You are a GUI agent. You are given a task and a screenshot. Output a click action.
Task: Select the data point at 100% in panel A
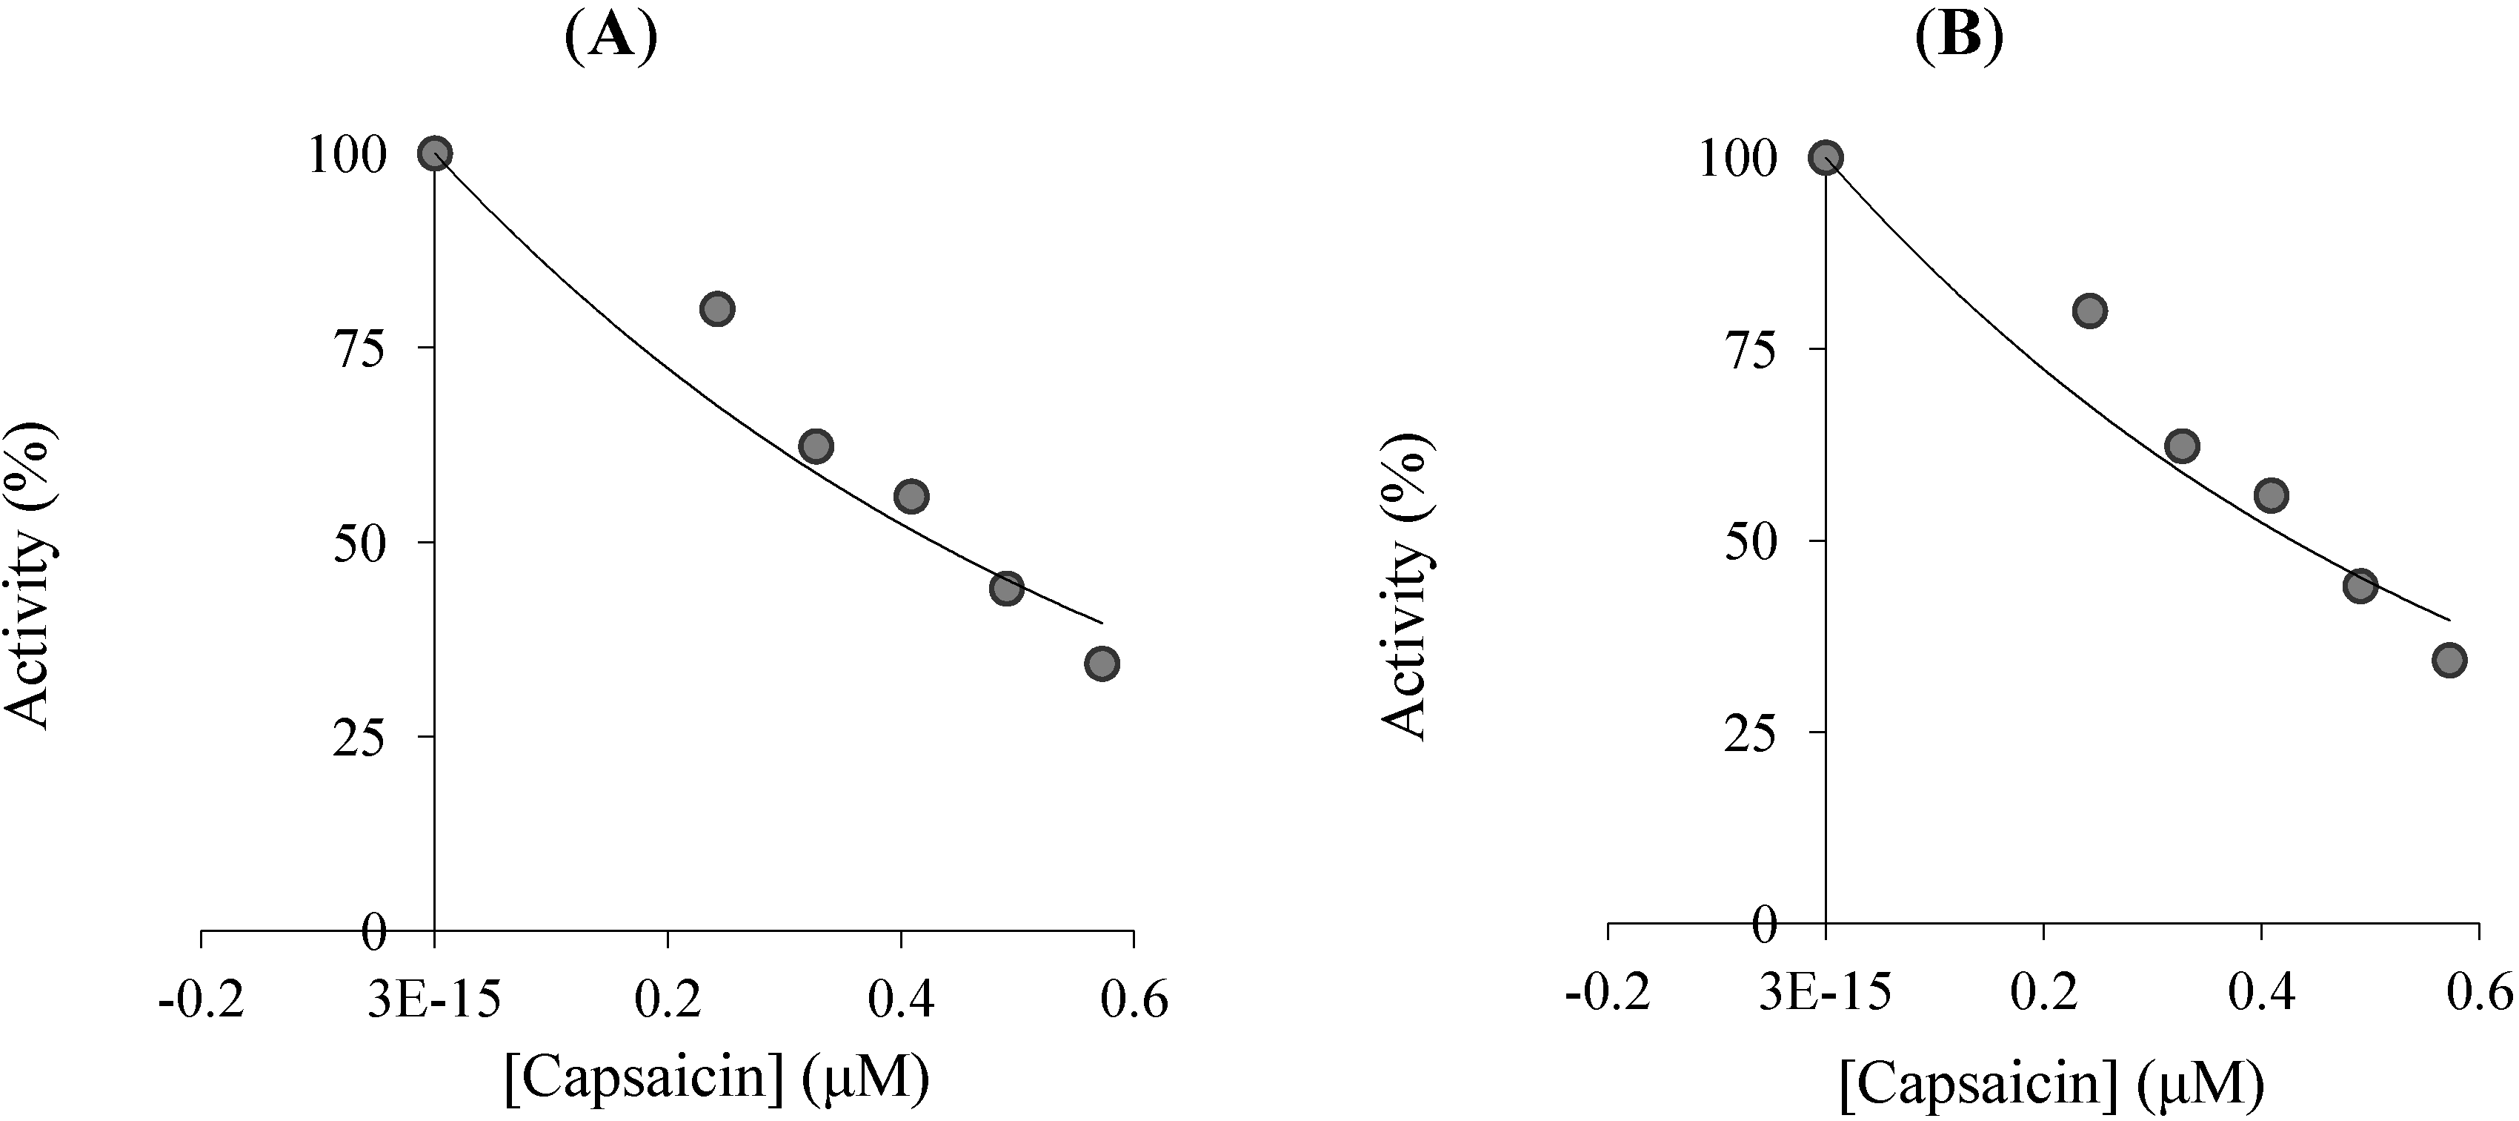pyautogui.click(x=434, y=153)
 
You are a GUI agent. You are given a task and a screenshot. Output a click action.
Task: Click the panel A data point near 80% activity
pyautogui.click(x=716, y=309)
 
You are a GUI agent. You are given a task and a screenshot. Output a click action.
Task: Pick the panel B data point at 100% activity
pyautogui.click(x=1826, y=157)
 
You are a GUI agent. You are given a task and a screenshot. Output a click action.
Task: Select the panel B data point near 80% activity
pyautogui.click(x=2089, y=312)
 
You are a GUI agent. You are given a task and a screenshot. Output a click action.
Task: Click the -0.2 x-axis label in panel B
pyautogui.click(x=1608, y=993)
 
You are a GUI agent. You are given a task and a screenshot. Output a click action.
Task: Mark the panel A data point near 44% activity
pyautogui.click(x=1006, y=588)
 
